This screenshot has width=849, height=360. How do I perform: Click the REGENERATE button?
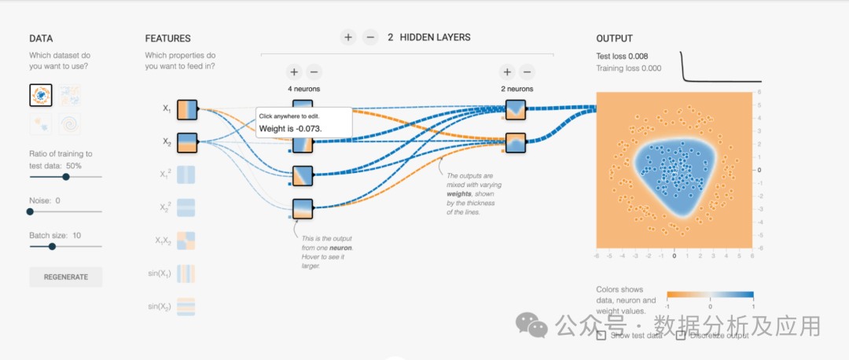click(x=66, y=277)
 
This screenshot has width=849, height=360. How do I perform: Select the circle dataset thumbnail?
click(x=41, y=96)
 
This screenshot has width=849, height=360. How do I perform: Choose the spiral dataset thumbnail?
click(x=70, y=124)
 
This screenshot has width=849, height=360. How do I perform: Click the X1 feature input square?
click(x=187, y=109)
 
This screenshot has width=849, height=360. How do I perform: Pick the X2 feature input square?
click(x=187, y=142)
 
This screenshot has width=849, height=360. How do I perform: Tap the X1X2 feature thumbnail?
click(x=187, y=241)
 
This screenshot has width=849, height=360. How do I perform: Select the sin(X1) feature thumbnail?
click(x=187, y=274)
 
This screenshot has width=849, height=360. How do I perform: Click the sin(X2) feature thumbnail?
click(x=187, y=307)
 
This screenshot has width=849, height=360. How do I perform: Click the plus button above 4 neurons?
click(x=293, y=72)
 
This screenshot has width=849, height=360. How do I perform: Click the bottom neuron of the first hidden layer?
click(x=303, y=208)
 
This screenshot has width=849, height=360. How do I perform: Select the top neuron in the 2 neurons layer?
click(x=516, y=109)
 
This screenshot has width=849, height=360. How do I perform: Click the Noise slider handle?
click(x=31, y=211)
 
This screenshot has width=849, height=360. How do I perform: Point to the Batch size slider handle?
click(x=52, y=246)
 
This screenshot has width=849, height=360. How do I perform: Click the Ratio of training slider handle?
click(x=66, y=177)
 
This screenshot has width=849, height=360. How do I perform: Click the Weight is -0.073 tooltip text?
click(x=292, y=127)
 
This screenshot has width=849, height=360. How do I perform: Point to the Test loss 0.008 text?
click(x=622, y=56)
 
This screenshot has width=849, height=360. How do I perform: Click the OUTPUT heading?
click(x=614, y=39)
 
